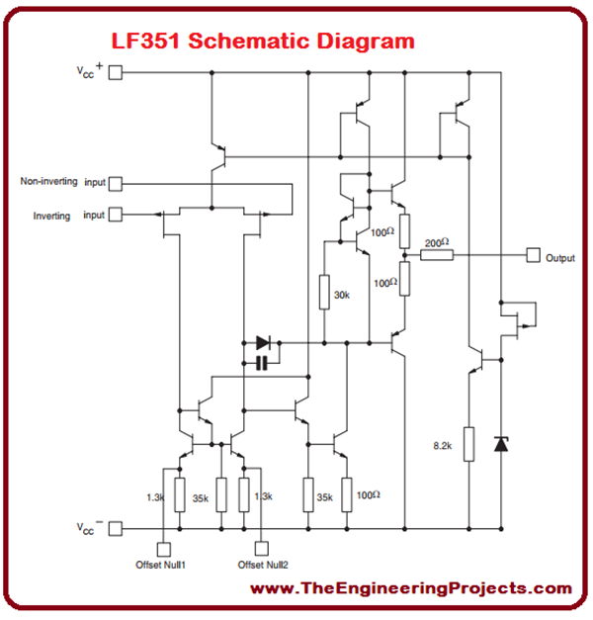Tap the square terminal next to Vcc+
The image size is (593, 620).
pyautogui.click(x=115, y=72)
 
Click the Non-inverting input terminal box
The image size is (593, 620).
pyautogui.click(x=115, y=183)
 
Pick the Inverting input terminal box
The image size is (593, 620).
pyautogui.click(x=115, y=215)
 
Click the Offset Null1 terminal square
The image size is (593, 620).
pyautogui.click(x=162, y=547)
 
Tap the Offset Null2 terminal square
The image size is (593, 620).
pyautogui.click(x=263, y=547)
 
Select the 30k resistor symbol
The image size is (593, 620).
pyautogui.click(x=323, y=294)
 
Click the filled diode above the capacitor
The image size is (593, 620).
pyautogui.click(x=262, y=343)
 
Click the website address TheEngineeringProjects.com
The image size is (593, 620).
pyautogui.click(x=410, y=589)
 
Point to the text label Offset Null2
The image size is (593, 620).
pyautogui.click(x=263, y=565)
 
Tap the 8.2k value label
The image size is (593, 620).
pyautogui.click(x=442, y=447)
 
